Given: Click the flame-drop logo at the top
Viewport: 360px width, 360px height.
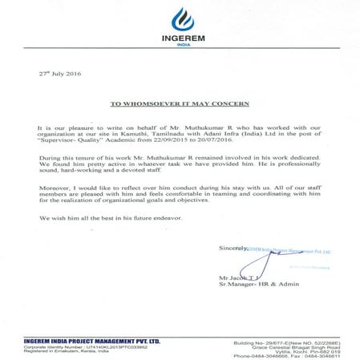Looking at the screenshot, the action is [x=180, y=16].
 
